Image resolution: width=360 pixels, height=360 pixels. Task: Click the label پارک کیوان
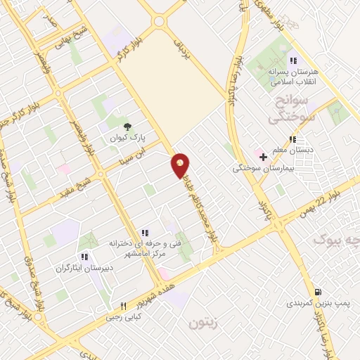[x=125, y=138]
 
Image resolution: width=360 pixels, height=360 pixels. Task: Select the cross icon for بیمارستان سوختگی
[x=264, y=156]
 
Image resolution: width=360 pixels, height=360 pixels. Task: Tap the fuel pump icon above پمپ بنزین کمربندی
[x=319, y=292]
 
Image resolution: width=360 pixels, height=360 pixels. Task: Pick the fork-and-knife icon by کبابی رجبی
[x=123, y=306]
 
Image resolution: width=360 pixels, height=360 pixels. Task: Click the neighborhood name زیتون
[x=204, y=323]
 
